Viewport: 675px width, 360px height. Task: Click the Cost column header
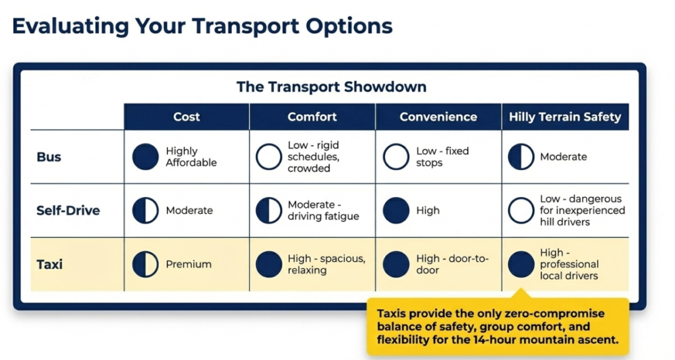coord(187,117)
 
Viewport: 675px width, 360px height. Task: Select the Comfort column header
coord(312,117)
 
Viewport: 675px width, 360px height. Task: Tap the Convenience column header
coord(438,117)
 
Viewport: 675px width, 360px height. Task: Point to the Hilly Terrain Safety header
coord(565,117)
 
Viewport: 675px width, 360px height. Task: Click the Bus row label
coord(49,157)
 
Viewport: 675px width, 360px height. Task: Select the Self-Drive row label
coord(68,210)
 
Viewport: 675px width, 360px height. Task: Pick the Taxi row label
coord(49,264)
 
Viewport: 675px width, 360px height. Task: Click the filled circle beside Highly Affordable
coord(146,157)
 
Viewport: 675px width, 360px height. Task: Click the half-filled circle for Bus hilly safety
coord(521,157)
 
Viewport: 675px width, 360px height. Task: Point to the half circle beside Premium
coord(146,264)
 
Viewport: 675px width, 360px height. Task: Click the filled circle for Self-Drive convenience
coord(396,210)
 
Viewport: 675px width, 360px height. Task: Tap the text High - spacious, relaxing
coord(326,264)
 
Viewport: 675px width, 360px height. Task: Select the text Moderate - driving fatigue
coord(323,210)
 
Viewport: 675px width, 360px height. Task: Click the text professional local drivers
coord(569,270)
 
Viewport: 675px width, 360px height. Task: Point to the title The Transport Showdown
coord(332,86)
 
